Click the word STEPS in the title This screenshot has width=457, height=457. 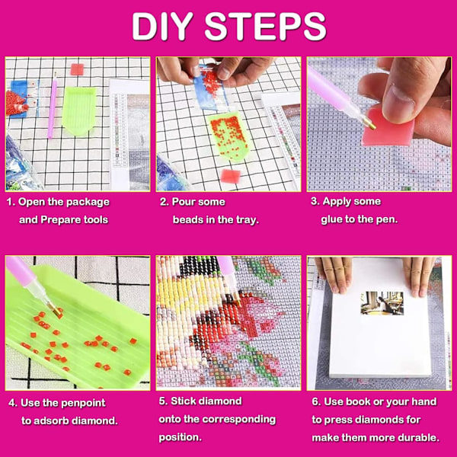tap(265, 27)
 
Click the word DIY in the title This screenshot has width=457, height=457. tap(162, 27)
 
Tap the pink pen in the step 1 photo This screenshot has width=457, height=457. tap(53, 105)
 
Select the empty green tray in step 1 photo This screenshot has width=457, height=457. tap(78, 110)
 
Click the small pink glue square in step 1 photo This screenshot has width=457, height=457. tap(77, 69)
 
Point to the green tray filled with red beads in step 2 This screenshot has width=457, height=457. tap(228, 136)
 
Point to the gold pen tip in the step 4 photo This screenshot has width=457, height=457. tap(55, 309)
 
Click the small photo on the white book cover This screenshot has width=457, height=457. tap(382, 303)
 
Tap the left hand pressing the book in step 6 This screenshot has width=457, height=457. tap(334, 273)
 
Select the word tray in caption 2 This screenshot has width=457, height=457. tap(247, 220)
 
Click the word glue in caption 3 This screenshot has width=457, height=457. tap(331, 219)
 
